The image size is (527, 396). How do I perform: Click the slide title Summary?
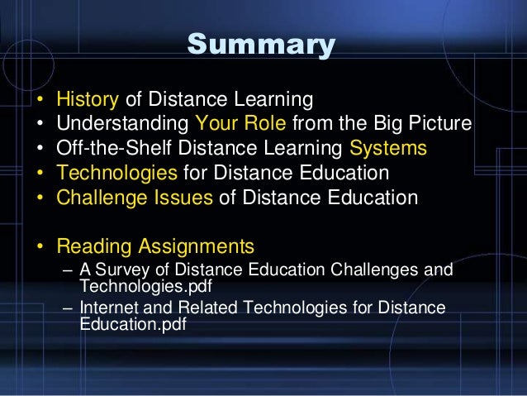click(262, 44)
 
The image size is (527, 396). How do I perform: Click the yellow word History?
click(88, 101)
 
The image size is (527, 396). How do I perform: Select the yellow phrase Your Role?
click(231, 125)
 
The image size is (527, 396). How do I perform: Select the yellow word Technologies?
click(116, 174)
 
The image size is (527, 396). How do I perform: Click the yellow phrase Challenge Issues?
click(135, 198)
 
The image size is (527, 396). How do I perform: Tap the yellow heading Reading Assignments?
click(154, 246)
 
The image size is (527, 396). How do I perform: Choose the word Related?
click(199, 309)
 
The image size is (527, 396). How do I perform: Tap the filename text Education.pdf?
click(132, 324)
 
